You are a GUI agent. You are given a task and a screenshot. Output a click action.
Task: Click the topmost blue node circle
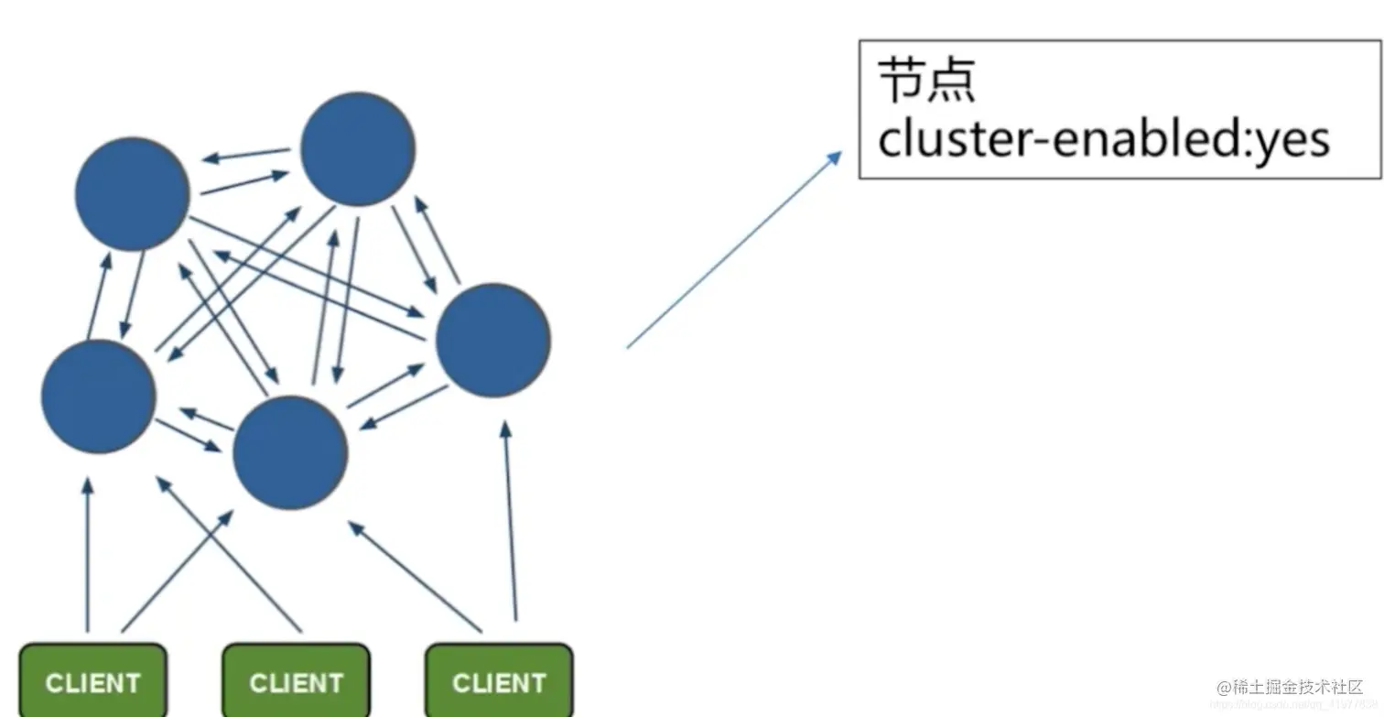(x=357, y=149)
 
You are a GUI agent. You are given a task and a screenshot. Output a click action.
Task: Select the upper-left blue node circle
(x=132, y=194)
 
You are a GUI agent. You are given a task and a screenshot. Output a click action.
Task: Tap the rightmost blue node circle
(x=492, y=340)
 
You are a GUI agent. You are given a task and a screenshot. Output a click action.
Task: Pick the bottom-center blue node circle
(x=290, y=452)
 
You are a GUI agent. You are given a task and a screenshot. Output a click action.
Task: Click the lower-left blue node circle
(x=99, y=397)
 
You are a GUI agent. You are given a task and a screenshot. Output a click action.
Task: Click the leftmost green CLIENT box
(x=92, y=680)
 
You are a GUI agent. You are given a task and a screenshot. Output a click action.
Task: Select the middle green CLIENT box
(x=296, y=680)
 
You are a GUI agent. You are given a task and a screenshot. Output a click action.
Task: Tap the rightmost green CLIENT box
(x=499, y=680)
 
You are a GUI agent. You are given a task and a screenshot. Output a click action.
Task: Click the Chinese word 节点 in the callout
(x=926, y=81)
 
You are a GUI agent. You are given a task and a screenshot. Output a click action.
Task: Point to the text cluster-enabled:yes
(x=1102, y=140)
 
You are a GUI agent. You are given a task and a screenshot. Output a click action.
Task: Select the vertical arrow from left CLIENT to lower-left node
(x=88, y=554)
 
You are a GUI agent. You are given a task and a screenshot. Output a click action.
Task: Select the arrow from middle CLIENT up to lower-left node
(x=229, y=554)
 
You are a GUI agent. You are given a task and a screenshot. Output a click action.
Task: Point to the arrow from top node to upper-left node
(x=245, y=154)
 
